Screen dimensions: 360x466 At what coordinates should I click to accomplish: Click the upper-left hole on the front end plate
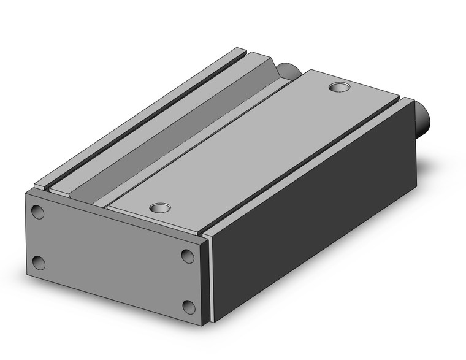38,212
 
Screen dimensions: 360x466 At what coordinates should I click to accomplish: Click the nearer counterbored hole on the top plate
161,208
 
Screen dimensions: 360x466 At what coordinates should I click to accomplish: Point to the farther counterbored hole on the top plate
338,87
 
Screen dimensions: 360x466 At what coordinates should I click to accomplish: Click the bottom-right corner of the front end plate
203,323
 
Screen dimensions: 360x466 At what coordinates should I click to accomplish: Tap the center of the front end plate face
113,258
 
